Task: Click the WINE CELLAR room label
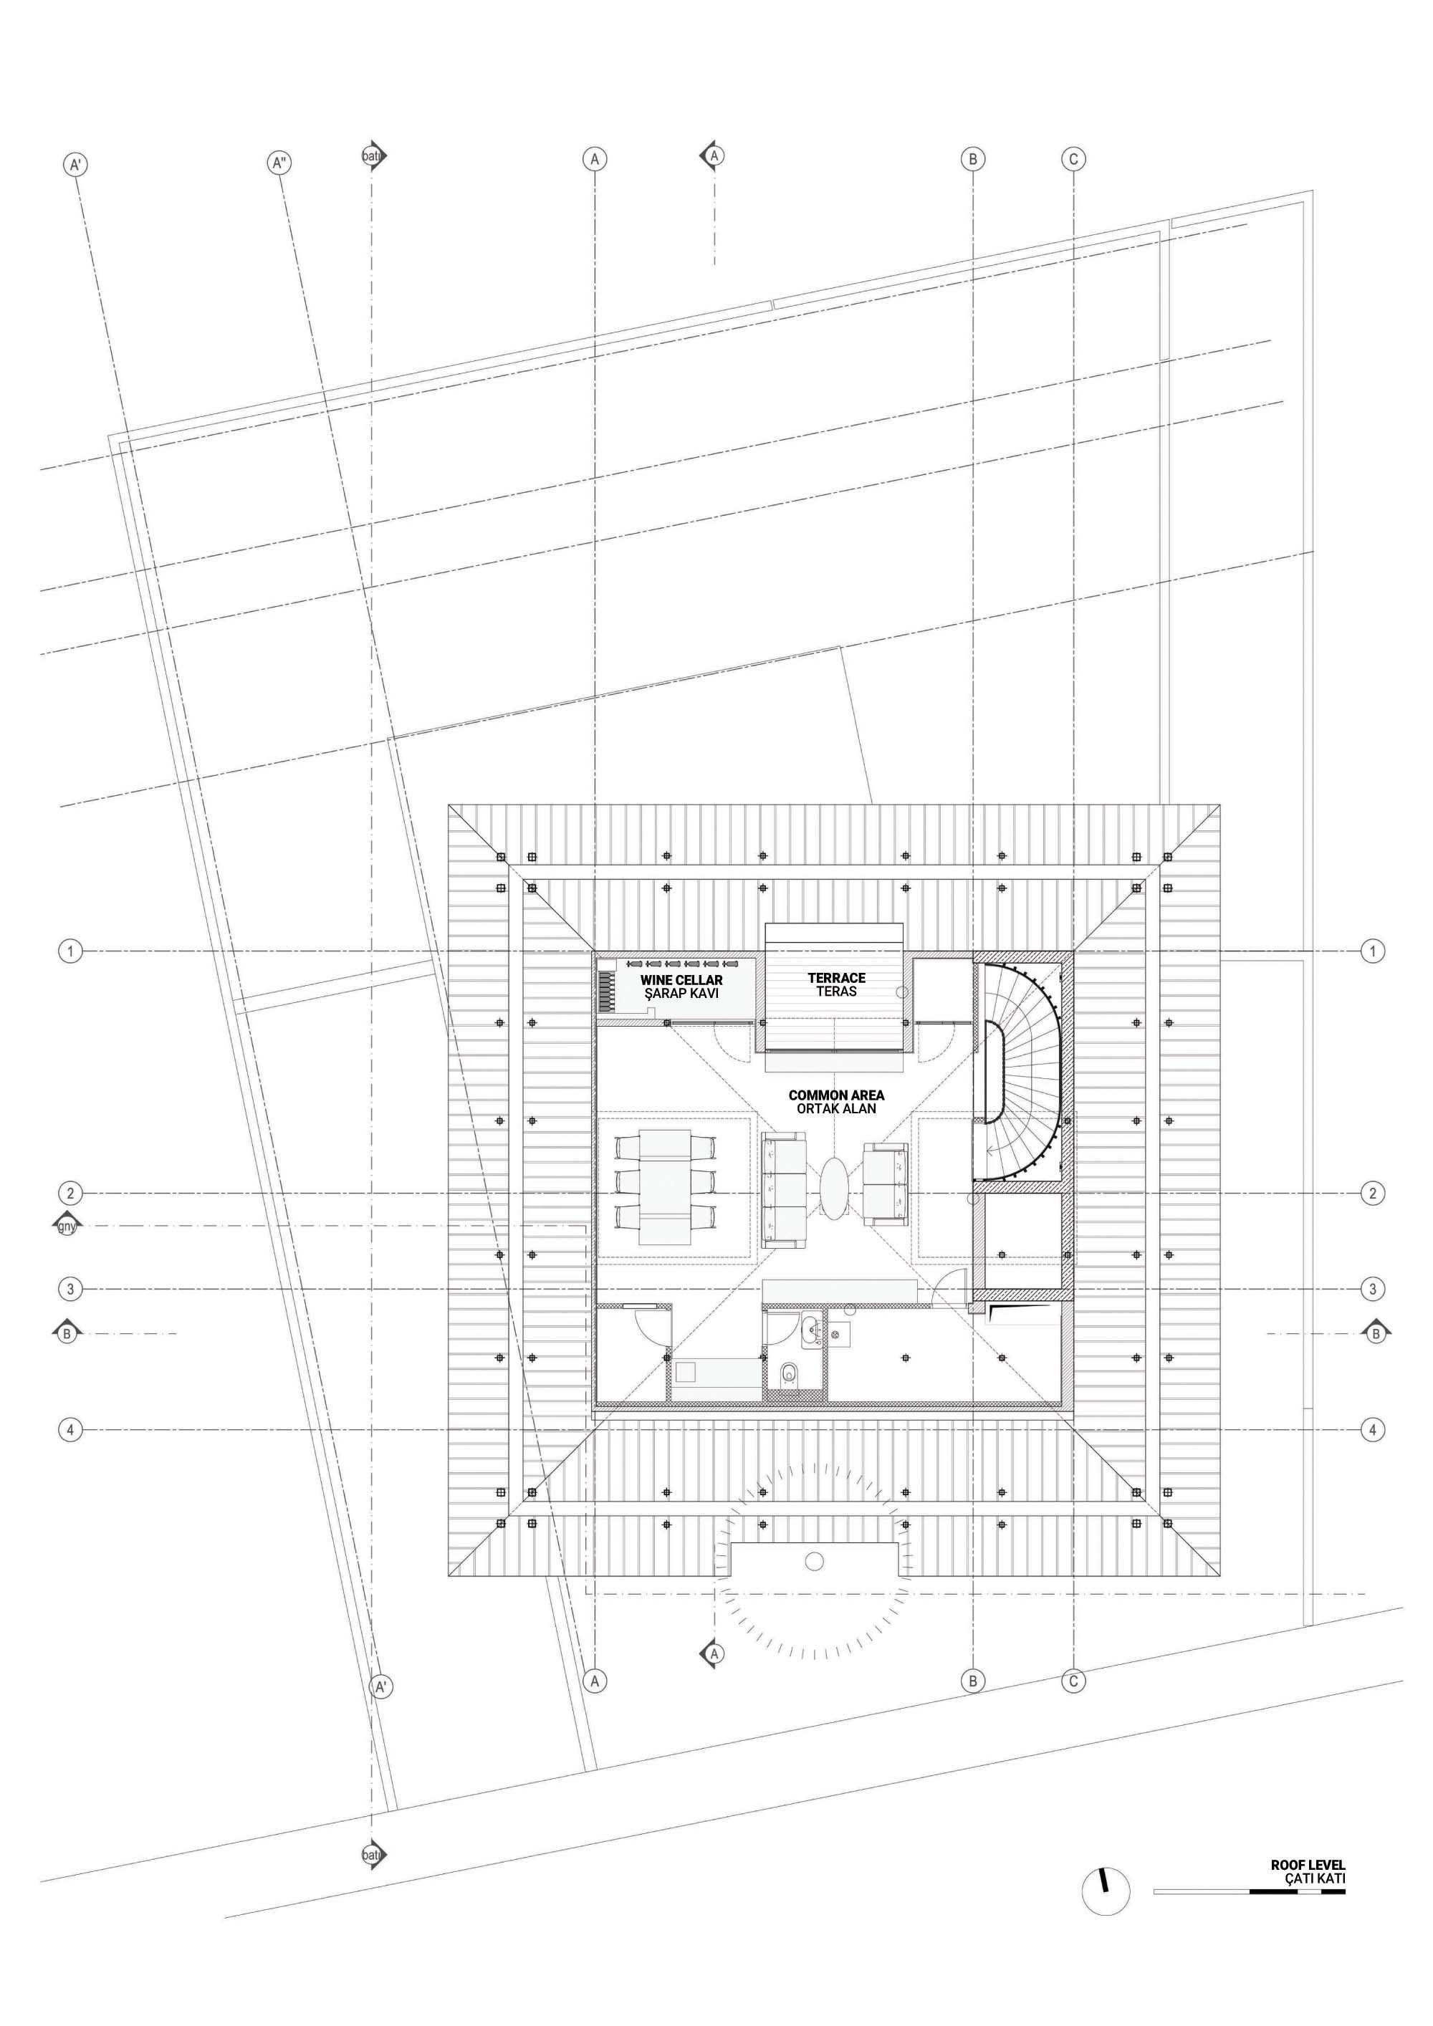tap(681, 980)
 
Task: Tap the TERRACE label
tap(836, 978)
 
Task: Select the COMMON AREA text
tap(836, 1095)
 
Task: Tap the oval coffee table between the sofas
tap(835, 1189)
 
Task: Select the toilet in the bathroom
tap(790, 1375)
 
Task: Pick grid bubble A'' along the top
tap(279, 163)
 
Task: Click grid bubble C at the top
tap(1074, 160)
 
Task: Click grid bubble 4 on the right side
tap(1372, 1429)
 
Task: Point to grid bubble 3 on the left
tap(71, 1290)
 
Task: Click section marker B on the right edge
tap(1375, 1333)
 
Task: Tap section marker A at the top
tap(713, 156)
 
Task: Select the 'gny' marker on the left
tap(66, 1226)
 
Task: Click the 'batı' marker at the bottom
tap(373, 1855)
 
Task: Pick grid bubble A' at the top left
tap(77, 165)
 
